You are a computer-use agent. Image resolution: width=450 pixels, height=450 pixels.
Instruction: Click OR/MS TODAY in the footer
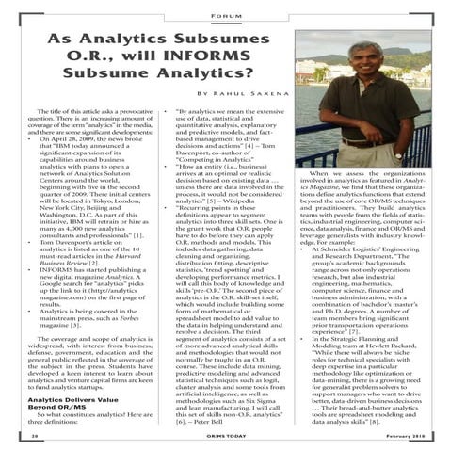pos(224,437)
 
